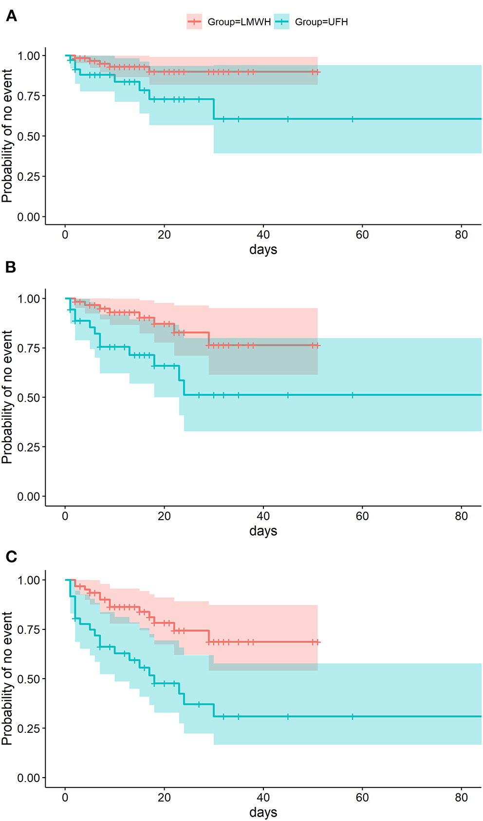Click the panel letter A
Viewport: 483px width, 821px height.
[11, 16]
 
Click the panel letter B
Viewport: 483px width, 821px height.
[10, 267]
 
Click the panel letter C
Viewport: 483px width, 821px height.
[11, 556]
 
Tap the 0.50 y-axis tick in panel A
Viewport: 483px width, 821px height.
[28, 136]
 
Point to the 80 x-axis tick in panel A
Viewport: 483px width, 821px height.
[461, 235]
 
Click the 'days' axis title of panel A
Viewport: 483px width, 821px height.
[263, 250]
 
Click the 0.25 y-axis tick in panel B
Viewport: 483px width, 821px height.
[28, 447]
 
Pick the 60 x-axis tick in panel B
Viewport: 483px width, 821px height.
[362, 516]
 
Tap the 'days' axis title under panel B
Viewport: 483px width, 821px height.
[263, 531]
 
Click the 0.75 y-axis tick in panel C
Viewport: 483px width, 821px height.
[28, 629]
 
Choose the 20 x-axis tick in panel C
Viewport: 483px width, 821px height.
[164, 797]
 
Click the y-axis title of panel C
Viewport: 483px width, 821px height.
[7, 678]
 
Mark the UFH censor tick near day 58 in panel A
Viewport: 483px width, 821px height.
[353, 119]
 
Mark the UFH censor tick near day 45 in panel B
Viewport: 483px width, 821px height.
[288, 395]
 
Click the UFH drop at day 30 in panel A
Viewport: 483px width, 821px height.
[214, 109]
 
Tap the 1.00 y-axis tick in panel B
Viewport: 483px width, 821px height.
[28, 298]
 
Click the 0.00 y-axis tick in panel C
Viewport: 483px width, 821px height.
[28, 778]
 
